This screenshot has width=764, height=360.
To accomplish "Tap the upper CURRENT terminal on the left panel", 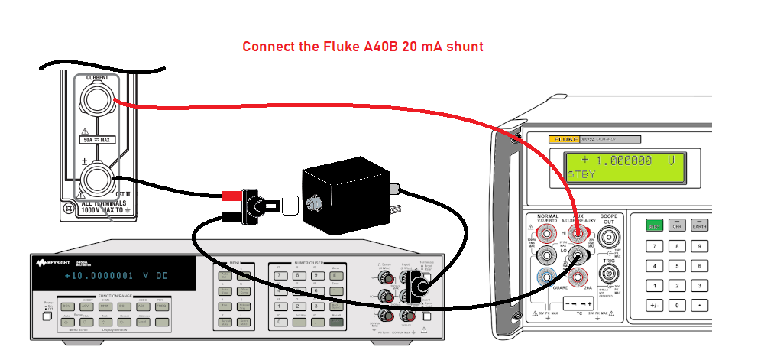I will point(97,101).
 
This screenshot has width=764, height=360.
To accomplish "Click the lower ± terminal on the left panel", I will point(97,181).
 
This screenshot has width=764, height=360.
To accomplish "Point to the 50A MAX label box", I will point(97,140).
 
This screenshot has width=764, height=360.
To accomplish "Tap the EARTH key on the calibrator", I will point(698,225).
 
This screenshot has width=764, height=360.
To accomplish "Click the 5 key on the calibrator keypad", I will point(677,265).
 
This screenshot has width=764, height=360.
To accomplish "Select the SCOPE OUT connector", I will point(609,235).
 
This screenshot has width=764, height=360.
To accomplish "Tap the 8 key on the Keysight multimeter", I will point(298,274).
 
